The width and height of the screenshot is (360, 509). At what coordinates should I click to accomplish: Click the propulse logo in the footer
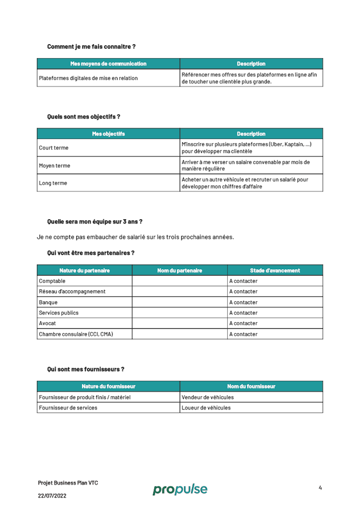pos(180,489)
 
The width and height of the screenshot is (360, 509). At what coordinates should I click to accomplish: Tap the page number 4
pos(320,488)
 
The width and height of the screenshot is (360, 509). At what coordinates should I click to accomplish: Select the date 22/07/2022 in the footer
pos(52,496)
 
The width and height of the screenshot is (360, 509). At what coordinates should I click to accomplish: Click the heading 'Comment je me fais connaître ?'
pos(91,47)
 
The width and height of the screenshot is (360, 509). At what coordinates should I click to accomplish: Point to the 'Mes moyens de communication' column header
pos(108,64)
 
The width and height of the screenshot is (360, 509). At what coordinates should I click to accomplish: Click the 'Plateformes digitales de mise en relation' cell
pos(88,78)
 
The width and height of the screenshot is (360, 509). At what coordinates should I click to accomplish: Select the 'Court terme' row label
pos(54,148)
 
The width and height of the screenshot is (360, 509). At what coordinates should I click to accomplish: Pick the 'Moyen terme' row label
pos(54,166)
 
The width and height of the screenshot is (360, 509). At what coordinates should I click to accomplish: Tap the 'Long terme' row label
pos(53,183)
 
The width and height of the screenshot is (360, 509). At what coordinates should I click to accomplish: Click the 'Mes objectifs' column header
pos(108,134)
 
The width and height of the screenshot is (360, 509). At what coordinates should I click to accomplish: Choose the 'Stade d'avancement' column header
pos(275,271)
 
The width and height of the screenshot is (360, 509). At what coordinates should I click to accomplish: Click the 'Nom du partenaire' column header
pos(180,271)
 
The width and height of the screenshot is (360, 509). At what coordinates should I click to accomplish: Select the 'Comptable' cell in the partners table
pos(52,281)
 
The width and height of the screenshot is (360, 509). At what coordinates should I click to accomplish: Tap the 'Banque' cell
pos(48,302)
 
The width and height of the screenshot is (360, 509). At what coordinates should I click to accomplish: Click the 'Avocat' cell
pos(47,323)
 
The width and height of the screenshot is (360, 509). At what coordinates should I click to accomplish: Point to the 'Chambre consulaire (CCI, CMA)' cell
pos(76,334)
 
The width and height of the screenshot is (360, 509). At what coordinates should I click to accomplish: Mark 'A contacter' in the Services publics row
pos(243,313)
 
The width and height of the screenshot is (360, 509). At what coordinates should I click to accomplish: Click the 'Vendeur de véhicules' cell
pos(207,397)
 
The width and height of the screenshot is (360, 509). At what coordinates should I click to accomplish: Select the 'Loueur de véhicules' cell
pos(206,408)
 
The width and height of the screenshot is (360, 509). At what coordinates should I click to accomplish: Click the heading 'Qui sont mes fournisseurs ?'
pos(85,369)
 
